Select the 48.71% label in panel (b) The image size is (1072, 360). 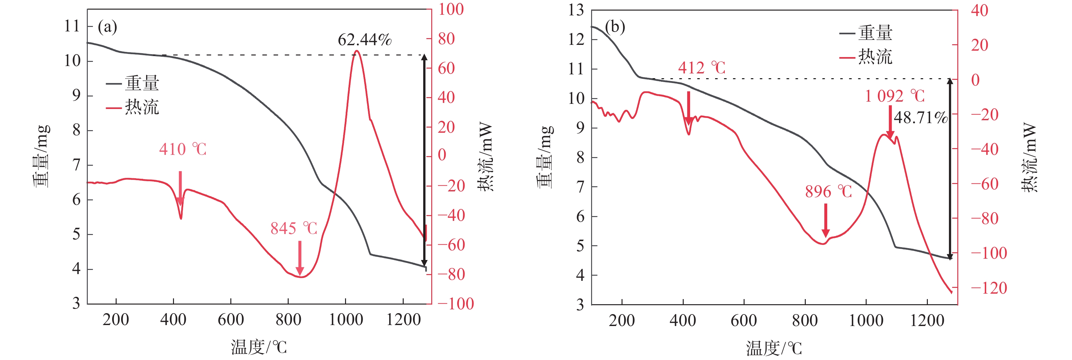pos(920,118)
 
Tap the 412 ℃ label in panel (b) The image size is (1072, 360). pos(702,68)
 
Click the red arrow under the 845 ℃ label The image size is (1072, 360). pos(300,258)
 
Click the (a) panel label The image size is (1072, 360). pos(107,28)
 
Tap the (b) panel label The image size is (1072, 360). pos(615,28)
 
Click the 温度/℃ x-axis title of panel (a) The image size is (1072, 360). pos(259,347)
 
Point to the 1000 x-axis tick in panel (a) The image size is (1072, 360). pos(346,320)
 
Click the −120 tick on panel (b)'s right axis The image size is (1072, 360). pos(989,288)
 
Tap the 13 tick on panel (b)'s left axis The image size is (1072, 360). pos(576,10)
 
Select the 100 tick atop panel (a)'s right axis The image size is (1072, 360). pos(451,9)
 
